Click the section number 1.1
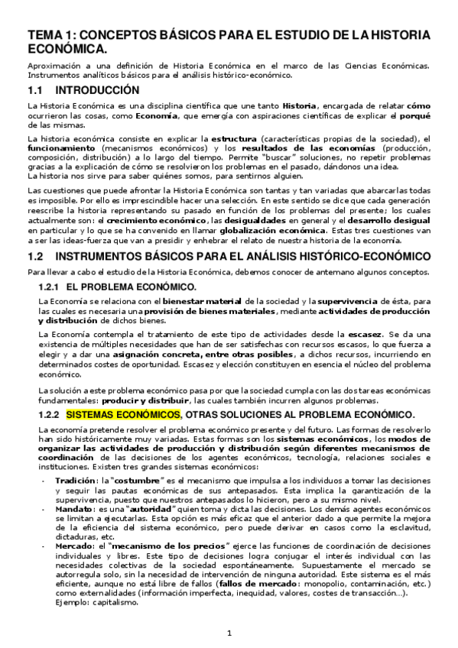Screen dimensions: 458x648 point(35,90)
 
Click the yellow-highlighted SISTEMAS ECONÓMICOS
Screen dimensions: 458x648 point(122,414)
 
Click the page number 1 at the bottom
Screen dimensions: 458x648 point(229,633)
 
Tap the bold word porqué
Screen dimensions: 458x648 point(413,115)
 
